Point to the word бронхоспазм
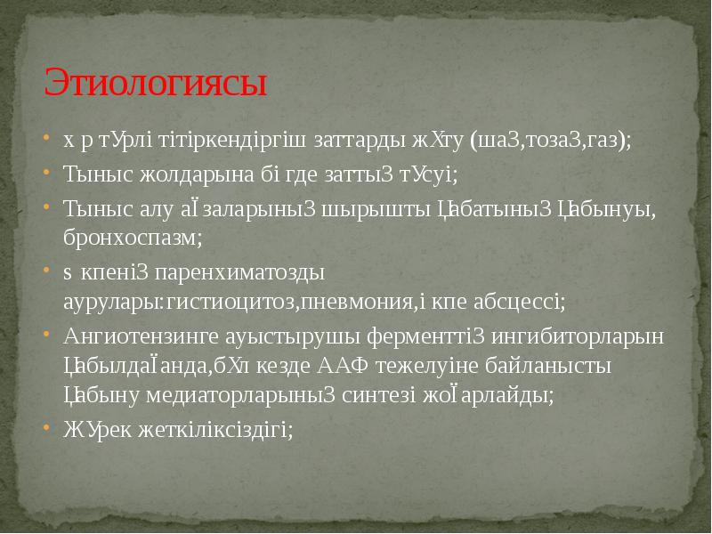click(131, 238)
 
